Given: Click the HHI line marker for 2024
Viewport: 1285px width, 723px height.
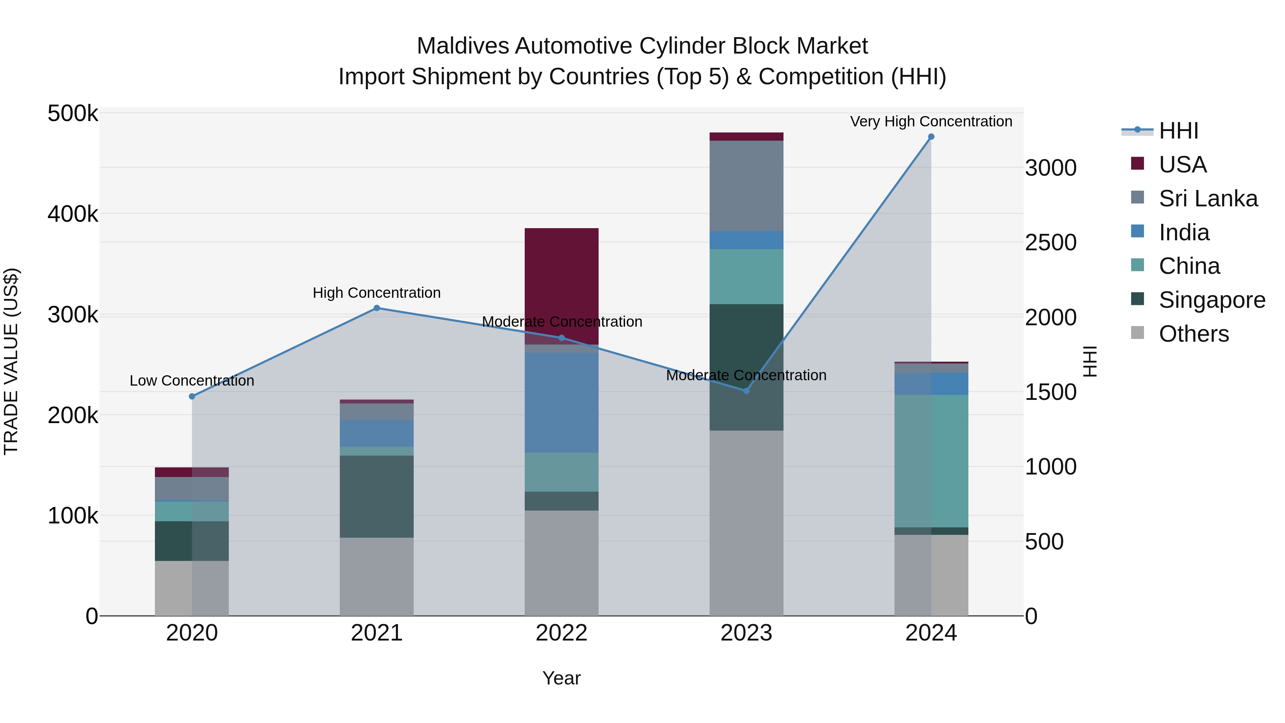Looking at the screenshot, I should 931,137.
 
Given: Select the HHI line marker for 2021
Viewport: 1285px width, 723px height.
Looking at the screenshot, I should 377,308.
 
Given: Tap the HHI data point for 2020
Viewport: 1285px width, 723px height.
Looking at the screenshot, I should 192,397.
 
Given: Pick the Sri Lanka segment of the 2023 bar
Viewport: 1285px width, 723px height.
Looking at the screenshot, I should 746,186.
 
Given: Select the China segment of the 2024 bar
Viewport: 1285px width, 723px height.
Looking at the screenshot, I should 931,461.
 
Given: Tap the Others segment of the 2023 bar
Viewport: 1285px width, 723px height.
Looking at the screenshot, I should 746,523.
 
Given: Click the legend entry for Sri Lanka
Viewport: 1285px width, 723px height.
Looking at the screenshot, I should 1207,199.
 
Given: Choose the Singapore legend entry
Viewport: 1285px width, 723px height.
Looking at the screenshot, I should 1211,300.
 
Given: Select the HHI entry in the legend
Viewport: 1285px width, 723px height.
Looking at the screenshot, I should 1178,131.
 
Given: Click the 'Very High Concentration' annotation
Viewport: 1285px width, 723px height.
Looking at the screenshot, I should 931,122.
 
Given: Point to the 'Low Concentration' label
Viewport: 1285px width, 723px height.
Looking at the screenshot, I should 192,381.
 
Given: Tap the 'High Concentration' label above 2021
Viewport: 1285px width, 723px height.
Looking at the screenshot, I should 377,293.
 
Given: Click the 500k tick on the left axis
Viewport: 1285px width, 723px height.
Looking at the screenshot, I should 73,114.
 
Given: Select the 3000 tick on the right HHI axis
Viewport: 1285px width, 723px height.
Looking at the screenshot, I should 1050,168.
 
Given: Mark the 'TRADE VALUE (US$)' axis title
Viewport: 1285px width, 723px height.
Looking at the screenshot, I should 11,361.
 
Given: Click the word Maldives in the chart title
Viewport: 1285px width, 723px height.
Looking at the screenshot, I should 463,46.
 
